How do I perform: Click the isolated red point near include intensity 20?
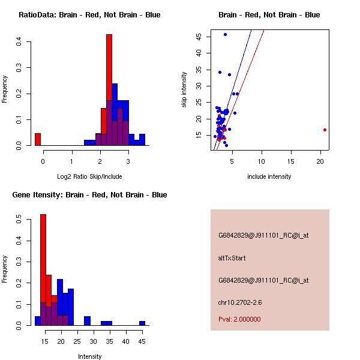pos(325,130)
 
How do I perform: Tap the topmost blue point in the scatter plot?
pos(225,34)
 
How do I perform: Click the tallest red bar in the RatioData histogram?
pos(109,90)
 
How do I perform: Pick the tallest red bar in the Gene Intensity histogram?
pos(43,269)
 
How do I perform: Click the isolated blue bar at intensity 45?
pos(142,323)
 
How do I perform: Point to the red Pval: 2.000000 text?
pos(239,319)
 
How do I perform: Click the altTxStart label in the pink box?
pos(232,258)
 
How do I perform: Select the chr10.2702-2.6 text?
pos(241,302)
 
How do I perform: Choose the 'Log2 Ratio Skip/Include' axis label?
pos(89,176)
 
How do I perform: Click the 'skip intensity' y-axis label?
pos(185,90)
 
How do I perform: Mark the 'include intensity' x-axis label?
pos(269,176)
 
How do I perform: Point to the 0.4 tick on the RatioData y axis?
pos(19,41)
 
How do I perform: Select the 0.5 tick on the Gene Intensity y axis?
pos(19,221)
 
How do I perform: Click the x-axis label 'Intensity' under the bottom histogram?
pos(90,356)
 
